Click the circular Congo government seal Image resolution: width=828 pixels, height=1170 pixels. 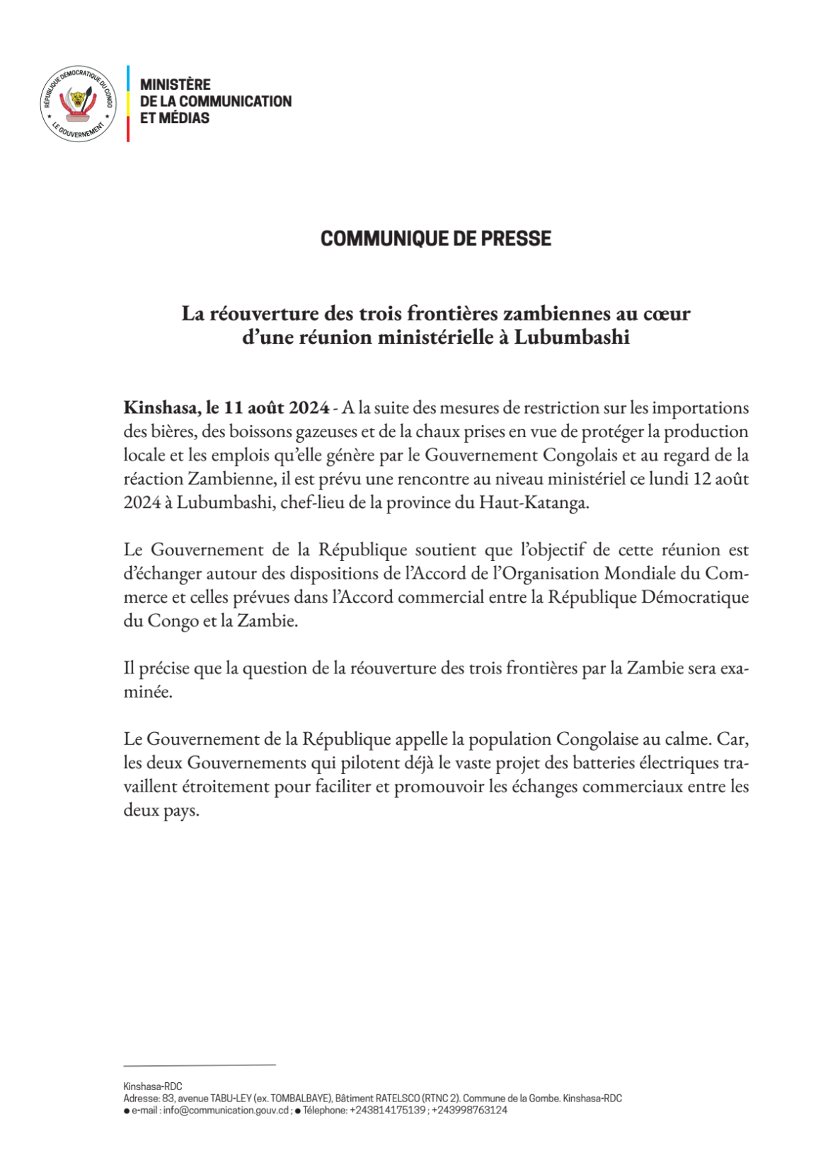[78, 104]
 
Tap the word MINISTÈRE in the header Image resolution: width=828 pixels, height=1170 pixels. [175, 85]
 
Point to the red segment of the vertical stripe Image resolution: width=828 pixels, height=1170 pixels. [128, 129]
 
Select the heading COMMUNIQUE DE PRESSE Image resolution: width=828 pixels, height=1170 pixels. [435, 238]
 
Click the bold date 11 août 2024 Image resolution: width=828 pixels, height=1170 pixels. [276, 408]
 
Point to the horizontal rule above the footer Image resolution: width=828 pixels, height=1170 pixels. [199, 1065]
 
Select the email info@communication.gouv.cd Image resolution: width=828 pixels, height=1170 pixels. [225, 1111]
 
